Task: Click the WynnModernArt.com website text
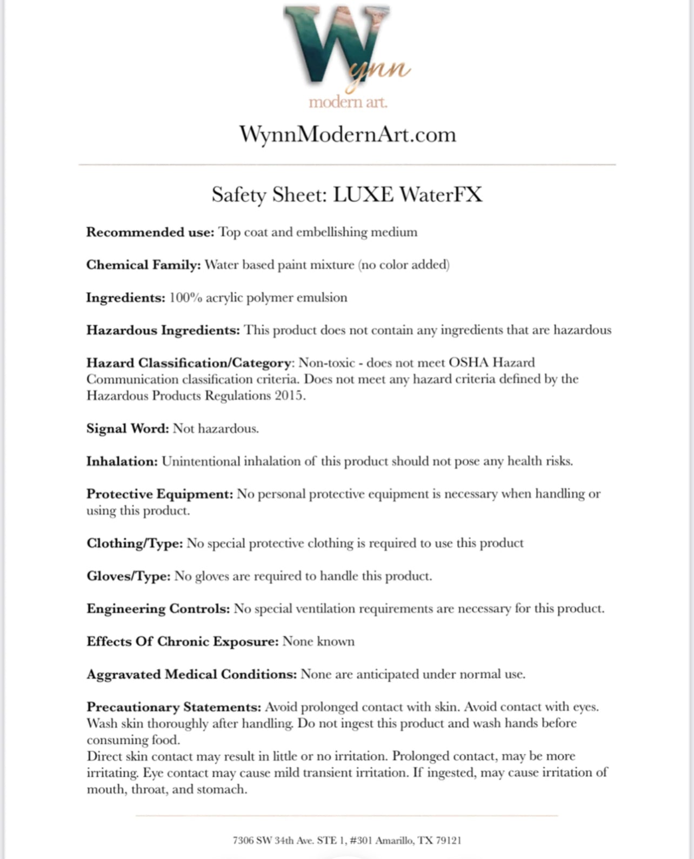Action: point(348,134)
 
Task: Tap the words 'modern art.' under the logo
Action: point(348,102)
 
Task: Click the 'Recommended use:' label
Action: point(150,232)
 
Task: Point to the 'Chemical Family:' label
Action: point(143,265)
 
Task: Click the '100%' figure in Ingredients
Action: point(185,298)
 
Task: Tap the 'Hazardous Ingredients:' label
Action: point(163,330)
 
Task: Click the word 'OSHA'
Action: point(468,363)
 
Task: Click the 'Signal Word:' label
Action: point(128,428)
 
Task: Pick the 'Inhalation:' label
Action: point(122,461)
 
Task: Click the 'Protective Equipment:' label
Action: point(159,494)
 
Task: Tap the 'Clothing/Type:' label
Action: point(135,543)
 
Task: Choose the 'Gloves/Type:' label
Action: point(129,576)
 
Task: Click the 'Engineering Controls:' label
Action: point(158,609)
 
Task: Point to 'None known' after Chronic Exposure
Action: point(318,641)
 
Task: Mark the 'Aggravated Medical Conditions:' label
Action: point(191,674)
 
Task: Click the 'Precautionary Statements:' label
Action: point(174,707)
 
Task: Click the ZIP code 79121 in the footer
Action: point(448,840)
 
